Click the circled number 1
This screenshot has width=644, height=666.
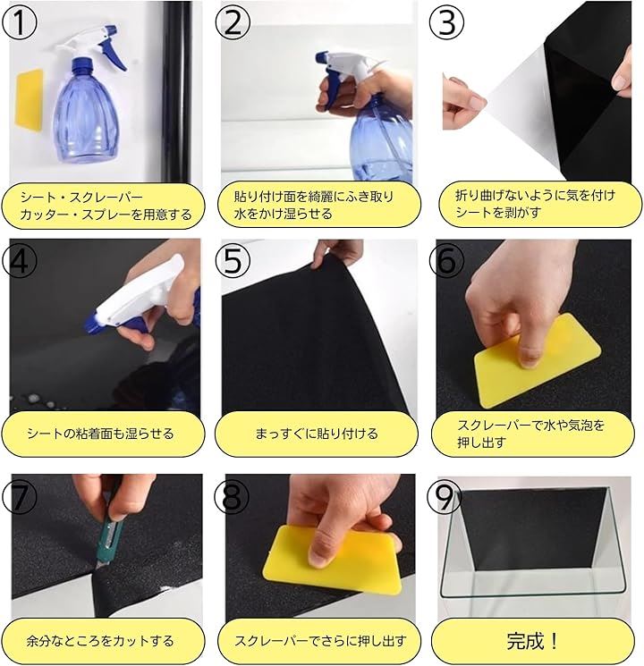(19, 23)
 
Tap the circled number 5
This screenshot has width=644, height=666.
(233, 260)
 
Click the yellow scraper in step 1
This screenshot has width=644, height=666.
(30, 98)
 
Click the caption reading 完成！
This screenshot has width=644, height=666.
(532, 640)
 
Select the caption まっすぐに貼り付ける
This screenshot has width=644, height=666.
(317, 434)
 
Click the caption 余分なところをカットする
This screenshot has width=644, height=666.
(100, 640)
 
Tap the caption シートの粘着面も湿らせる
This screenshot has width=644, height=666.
(100, 434)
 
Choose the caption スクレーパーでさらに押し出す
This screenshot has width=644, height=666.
(320, 640)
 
